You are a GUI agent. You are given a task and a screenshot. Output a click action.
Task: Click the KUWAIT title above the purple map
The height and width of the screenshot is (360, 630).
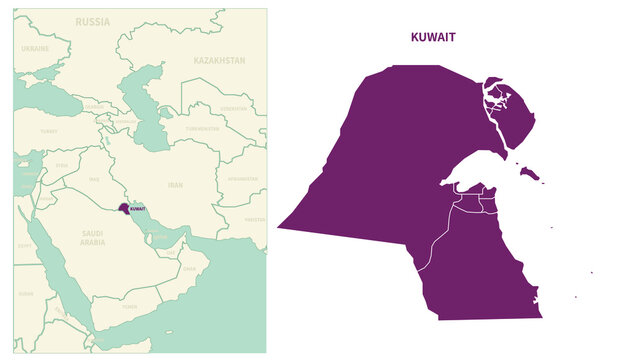(x=433, y=37)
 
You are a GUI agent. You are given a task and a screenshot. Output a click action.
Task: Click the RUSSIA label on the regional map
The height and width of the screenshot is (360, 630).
(x=93, y=21)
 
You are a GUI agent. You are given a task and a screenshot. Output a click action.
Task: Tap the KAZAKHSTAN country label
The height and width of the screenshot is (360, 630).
(x=219, y=60)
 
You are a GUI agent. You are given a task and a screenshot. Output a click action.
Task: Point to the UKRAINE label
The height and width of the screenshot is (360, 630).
(x=35, y=48)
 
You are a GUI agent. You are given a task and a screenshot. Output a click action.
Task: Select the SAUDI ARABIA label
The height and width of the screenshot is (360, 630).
(x=92, y=238)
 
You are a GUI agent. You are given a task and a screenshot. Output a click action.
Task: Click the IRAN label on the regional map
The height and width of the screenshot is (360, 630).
(x=175, y=185)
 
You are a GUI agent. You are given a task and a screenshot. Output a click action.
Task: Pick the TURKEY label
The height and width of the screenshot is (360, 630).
(x=48, y=130)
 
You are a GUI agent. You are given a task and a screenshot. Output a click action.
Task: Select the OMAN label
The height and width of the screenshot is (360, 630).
(x=190, y=268)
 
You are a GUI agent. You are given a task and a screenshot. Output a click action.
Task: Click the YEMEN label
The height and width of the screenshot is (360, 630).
(x=130, y=307)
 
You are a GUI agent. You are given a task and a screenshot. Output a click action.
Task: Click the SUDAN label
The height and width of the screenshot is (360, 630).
(x=26, y=294)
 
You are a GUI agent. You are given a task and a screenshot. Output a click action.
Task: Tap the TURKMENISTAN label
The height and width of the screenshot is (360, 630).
(x=202, y=128)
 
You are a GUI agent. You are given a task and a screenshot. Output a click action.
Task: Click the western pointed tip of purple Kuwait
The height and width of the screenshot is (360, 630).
(x=281, y=227)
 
